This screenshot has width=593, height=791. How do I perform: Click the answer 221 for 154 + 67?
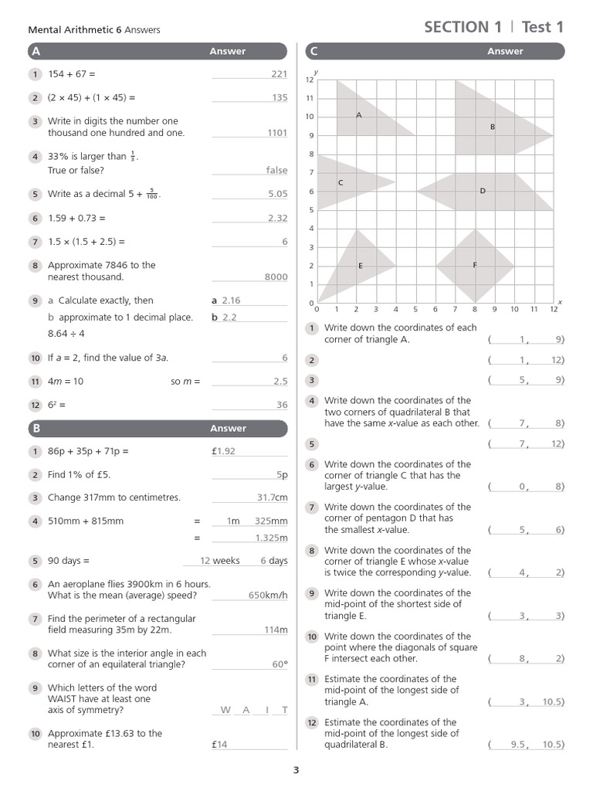(279, 74)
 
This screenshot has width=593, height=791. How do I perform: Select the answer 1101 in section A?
(277, 133)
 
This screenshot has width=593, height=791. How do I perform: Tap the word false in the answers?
(276, 170)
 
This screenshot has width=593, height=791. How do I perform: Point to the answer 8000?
(276, 277)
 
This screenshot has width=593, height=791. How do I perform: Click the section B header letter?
(36, 428)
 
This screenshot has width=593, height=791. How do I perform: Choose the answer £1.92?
(223, 451)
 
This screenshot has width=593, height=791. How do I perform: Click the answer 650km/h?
(268, 595)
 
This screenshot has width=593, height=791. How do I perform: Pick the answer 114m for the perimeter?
(276, 630)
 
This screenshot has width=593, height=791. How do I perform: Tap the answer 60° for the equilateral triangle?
(280, 664)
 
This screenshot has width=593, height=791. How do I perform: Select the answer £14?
(222, 745)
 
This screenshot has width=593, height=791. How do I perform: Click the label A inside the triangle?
(359, 114)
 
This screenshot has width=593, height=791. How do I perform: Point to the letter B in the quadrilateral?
(492, 126)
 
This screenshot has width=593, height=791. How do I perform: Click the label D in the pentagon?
(483, 190)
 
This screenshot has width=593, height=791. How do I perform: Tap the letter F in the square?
(475, 265)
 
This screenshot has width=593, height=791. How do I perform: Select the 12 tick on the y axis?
(310, 80)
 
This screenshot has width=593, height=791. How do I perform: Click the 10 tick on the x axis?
(514, 309)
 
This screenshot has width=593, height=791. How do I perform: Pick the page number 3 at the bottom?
(296, 769)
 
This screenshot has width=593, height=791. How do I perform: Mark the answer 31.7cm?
(272, 497)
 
